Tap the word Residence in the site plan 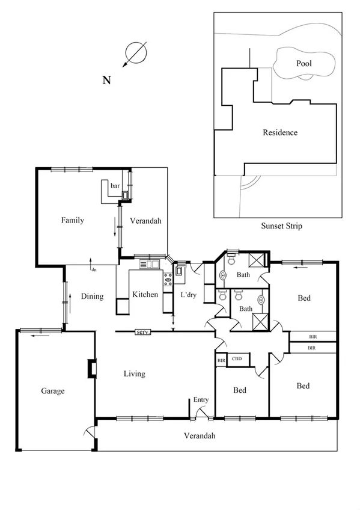(280, 132)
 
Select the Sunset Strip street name (281, 226)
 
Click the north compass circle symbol (137, 52)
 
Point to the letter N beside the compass (106, 81)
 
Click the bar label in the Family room (115, 186)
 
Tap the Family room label (73, 220)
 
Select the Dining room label (92, 296)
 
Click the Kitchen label (145, 294)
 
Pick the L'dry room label (189, 295)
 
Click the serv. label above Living (142, 332)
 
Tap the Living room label (134, 373)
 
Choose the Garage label (53, 391)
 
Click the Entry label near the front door (200, 399)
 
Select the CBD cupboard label (237, 360)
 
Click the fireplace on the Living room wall (91, 368)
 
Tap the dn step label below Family (93, 270)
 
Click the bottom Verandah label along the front (200, 436)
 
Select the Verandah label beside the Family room (145, 221)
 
